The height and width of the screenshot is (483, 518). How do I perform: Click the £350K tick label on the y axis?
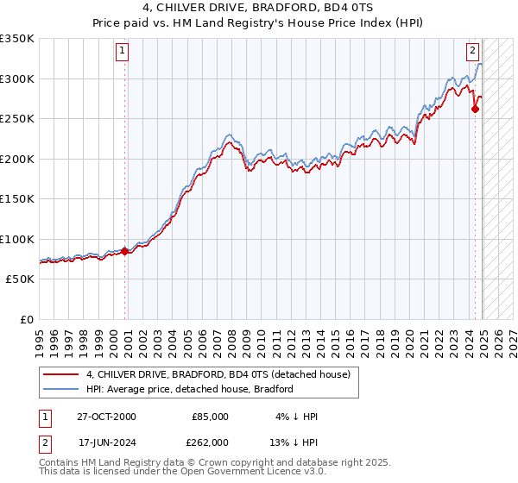click(x=17, y=39)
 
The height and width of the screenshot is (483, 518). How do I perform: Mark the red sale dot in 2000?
click(x=125, y=251)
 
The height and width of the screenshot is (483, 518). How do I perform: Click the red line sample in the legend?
click(x=60, y=374)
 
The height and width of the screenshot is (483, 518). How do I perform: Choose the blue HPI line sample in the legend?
click(x=60, y=389)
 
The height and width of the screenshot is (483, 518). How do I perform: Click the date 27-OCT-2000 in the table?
click(x=106, y=417)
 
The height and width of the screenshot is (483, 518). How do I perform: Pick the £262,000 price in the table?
click(x=210, y=442)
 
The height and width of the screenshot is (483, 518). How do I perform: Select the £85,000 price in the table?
click(x=210, y=417)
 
